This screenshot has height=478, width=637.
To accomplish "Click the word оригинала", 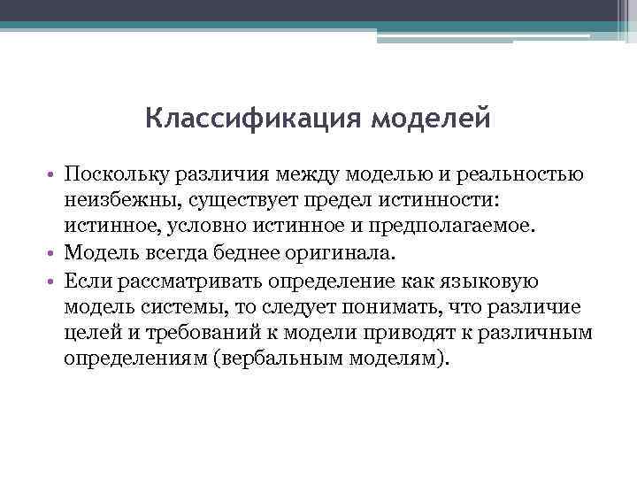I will (342, 253).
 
